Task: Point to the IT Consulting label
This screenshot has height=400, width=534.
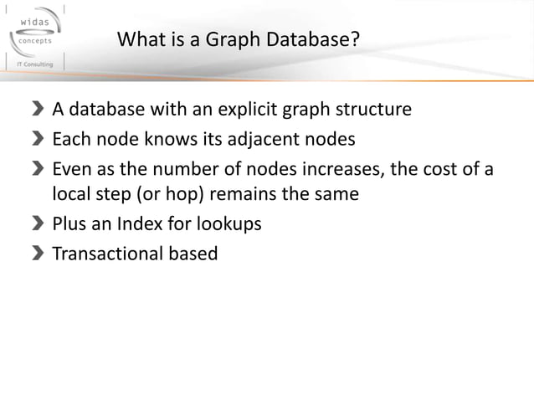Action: (32, 64)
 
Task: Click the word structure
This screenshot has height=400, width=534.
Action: (373, 110)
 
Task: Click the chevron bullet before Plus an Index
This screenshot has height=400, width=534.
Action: (39, 224)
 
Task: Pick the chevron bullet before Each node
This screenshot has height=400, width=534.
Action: (39, 139)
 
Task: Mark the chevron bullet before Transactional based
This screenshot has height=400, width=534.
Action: (39, 253)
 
